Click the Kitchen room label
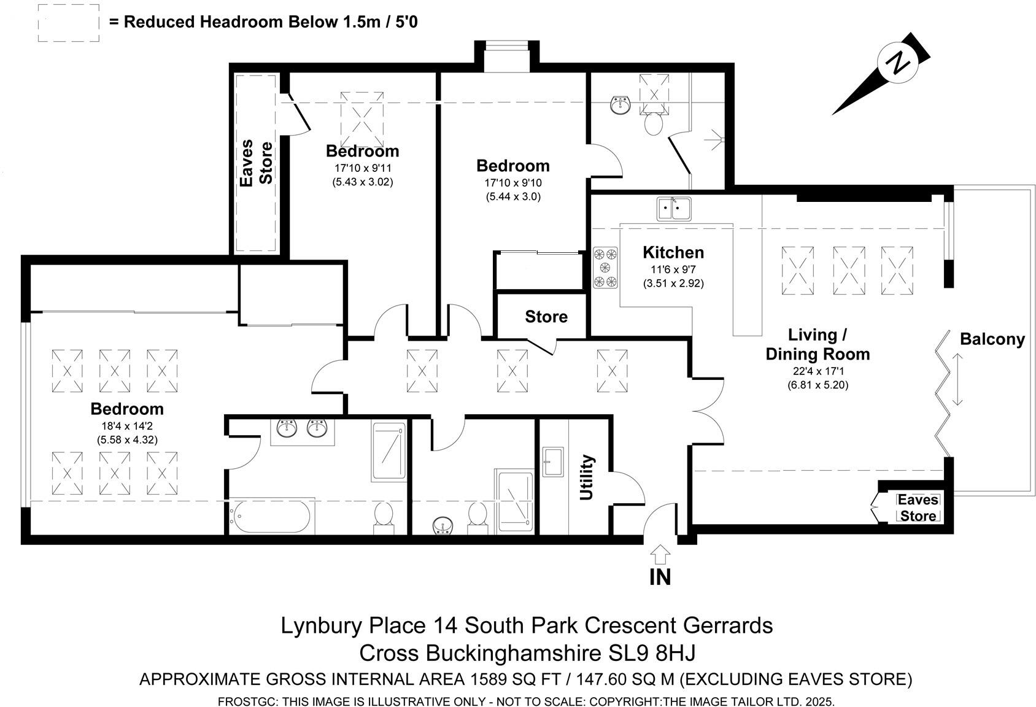[673, 252]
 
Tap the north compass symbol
[898, 64]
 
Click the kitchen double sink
[673, 209]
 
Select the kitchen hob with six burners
[605, 268]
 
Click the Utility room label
[587, 477]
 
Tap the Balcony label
[992, 339]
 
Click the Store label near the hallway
[546, 317]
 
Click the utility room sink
[553, 462]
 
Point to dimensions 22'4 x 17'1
[818, 371]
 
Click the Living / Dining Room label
[817, 344]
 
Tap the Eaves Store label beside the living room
[918, 508]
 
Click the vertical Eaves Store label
[256, 163]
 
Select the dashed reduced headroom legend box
[68, 23]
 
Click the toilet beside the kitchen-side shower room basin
[653, 123]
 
